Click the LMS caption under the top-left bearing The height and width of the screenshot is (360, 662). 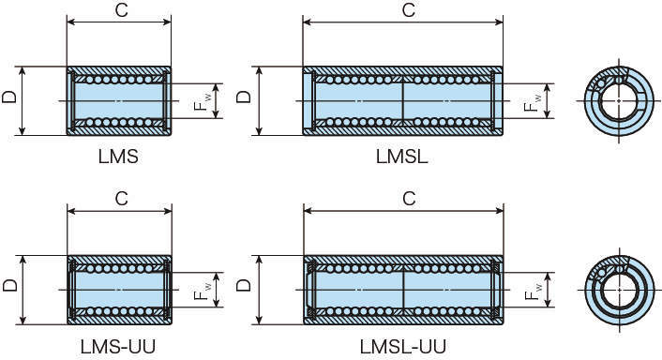point(118,157)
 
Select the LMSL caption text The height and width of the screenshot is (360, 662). point(402,157)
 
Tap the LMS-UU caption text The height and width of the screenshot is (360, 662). point(118,347)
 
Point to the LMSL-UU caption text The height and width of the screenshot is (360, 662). point(403,347)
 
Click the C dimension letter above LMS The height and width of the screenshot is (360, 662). point(122,10)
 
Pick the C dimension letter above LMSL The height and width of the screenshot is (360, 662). point(409,10)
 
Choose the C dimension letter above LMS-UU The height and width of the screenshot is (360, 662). point(122,199)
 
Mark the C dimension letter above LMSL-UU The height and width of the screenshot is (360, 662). point(409,199)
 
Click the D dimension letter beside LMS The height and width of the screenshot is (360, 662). point(9,97)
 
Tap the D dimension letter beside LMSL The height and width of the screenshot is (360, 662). point(244,97)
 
